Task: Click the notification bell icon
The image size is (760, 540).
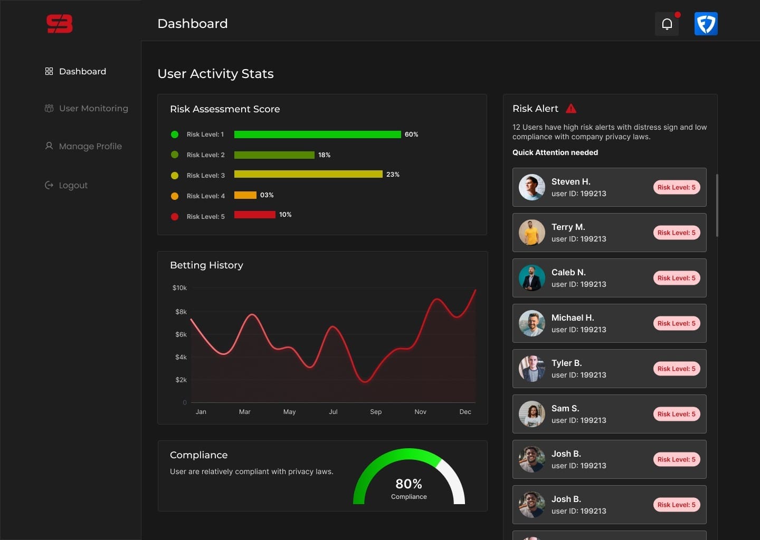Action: [x=667, y=24]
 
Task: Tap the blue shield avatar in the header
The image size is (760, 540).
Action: [x=706, y=24]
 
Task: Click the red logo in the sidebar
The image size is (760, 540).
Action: [x=59, y=24]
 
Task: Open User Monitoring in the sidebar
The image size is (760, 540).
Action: [x=93, y=109]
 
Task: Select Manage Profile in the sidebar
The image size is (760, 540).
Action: [x=90, y=146]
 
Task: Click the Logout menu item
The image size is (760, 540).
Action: [x=73, y=185]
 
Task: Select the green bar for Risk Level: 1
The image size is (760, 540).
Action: [x=317, y=134]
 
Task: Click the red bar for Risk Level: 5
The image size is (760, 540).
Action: [x=254, y=215]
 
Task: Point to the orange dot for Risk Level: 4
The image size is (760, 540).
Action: [x=175, y=196]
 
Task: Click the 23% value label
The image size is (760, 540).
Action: [x=393, y=175]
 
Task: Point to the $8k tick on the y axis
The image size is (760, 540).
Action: [x=181, y=312]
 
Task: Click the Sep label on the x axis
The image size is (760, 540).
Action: [x=376, y=412]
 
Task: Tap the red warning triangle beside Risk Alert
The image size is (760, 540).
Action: [x=571, y=109]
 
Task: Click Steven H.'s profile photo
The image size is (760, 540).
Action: [x=531, y=187]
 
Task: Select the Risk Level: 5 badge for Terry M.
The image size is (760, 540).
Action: [x=676, y=233]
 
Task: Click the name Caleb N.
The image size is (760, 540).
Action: [x=568, y=272]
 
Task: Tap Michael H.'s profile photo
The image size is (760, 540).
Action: [x=531, y=323]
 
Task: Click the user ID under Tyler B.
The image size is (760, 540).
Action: [x=578, y=375]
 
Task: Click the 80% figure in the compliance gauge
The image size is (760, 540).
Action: [x=408, y=484]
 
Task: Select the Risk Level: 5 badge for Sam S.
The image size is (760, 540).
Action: [x=676, y=414]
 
